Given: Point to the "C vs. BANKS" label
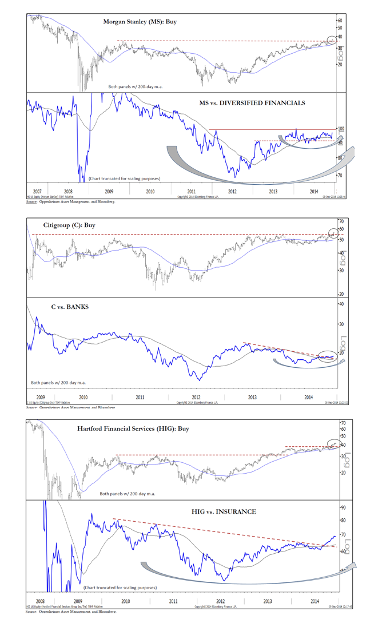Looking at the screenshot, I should tap(70, 307).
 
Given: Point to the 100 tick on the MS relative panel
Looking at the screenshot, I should tap(341, 130).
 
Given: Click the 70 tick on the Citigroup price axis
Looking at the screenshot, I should tap(341, 221).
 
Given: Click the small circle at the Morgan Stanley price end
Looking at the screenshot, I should tap(331, 39).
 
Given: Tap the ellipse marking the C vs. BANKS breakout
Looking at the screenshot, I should tap(327, 356).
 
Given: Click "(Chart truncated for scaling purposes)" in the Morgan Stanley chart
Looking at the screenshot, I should tap(124, 178).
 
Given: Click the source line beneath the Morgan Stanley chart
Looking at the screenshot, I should tap(70, 202).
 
